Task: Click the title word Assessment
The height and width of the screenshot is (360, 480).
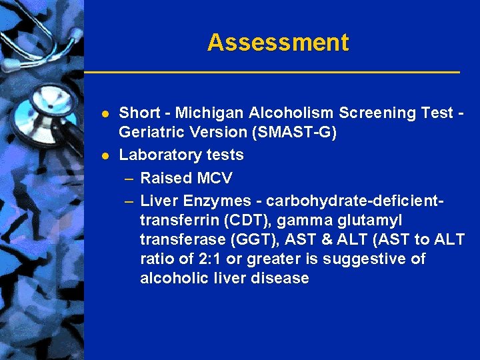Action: tap(278, 43)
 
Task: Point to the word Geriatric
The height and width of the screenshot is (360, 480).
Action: tap(149, 133)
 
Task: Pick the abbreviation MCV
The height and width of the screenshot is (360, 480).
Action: tap(215, 178)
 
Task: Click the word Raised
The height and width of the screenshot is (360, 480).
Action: tap(166, 178)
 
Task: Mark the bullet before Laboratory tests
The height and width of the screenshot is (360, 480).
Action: tap(105, 155)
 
